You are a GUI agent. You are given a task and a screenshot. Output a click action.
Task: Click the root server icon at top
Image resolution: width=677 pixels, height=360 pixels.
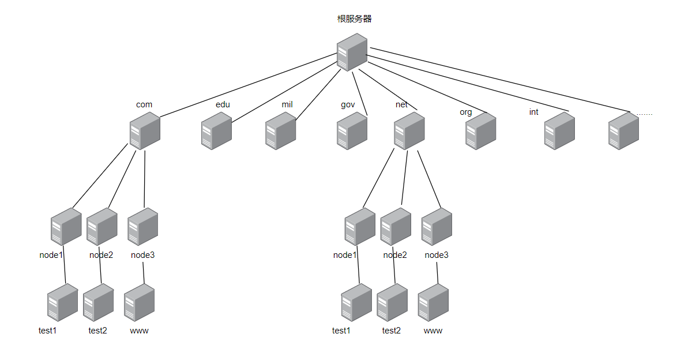tap(352, 52)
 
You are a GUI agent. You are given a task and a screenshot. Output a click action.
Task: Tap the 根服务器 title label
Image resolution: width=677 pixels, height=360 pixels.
tap(354, 19)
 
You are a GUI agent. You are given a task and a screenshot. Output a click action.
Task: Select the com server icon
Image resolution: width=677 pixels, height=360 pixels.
tap(145, 131)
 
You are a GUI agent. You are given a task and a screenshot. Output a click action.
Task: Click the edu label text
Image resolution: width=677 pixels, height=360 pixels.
tap(223, 104)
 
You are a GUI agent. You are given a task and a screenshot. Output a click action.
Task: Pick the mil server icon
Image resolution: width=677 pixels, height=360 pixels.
tap(281, 131)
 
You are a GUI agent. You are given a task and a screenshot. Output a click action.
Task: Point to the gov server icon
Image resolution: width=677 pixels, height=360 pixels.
tap(352, 131)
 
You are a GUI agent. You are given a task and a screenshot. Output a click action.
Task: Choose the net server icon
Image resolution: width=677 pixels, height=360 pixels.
tap(409, 131)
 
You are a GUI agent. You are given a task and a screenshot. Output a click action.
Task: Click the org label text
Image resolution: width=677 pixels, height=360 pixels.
tap(465, 112)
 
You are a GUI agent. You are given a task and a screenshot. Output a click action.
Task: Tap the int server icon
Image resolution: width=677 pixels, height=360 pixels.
tap(559, 131)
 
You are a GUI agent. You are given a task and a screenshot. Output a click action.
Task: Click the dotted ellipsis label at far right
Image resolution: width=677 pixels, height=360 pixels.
tap(645, 114)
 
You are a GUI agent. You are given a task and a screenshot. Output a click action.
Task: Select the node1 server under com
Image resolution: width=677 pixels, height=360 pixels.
tap(66, 227)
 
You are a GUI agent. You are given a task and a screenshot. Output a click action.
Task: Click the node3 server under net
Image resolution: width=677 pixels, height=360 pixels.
tap(437, 227)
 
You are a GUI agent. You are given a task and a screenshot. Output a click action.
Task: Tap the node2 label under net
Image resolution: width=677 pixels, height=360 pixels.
tap(395, 255)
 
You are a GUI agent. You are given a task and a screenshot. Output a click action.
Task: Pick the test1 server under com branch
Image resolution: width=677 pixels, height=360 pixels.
tap(62, 303)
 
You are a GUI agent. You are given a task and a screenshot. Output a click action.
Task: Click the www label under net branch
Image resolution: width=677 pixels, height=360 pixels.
tap(433, 331)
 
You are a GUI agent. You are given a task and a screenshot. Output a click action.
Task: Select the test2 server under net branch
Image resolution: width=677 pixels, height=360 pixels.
tap(392, 303)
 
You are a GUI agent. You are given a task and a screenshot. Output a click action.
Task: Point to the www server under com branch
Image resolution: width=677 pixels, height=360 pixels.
tap(139, 303)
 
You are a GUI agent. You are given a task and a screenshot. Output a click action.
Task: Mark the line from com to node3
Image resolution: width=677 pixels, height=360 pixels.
tap(144, 179)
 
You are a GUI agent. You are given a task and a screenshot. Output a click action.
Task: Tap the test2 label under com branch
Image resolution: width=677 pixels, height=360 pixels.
tap(97, 331)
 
